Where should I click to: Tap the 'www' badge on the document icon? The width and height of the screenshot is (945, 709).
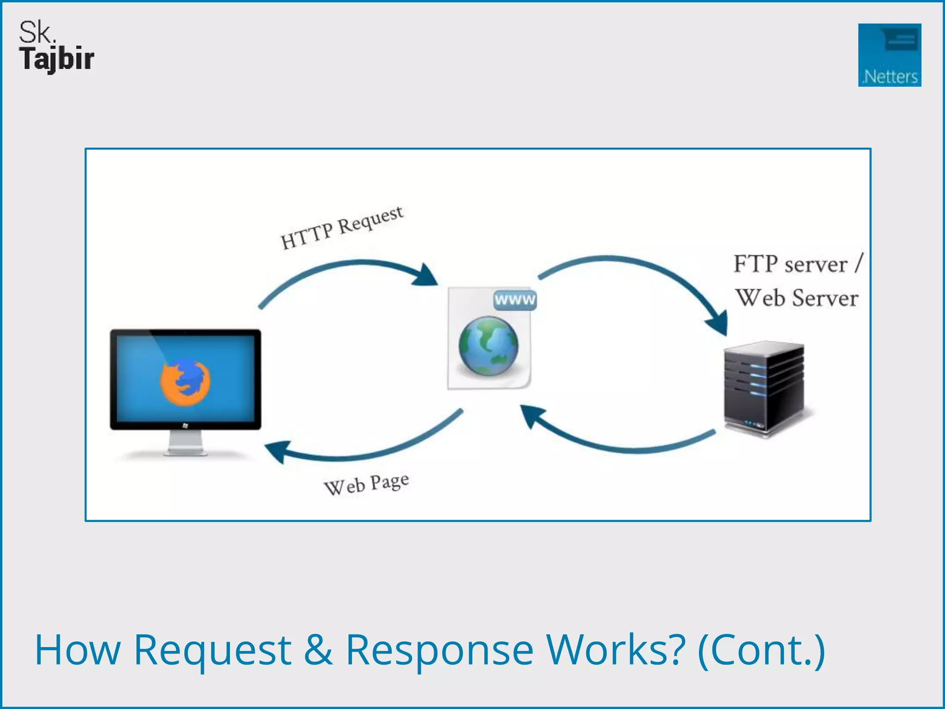click(x=515, y=300)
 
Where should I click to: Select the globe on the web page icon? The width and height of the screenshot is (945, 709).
click(x=488, y=346)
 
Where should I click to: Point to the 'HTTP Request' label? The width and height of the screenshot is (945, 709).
click(x=342, y=228)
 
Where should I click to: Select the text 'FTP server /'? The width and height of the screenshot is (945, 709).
click(x=797, y=264)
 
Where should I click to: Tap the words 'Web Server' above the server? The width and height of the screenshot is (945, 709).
click(x=797, y=298)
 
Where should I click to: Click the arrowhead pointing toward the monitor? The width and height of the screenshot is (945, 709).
click(x=277, y=451)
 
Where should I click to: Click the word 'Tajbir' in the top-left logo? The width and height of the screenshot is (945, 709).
click(x=57, y=59)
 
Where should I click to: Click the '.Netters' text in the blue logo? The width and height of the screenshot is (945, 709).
click(x=890, y=77)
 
